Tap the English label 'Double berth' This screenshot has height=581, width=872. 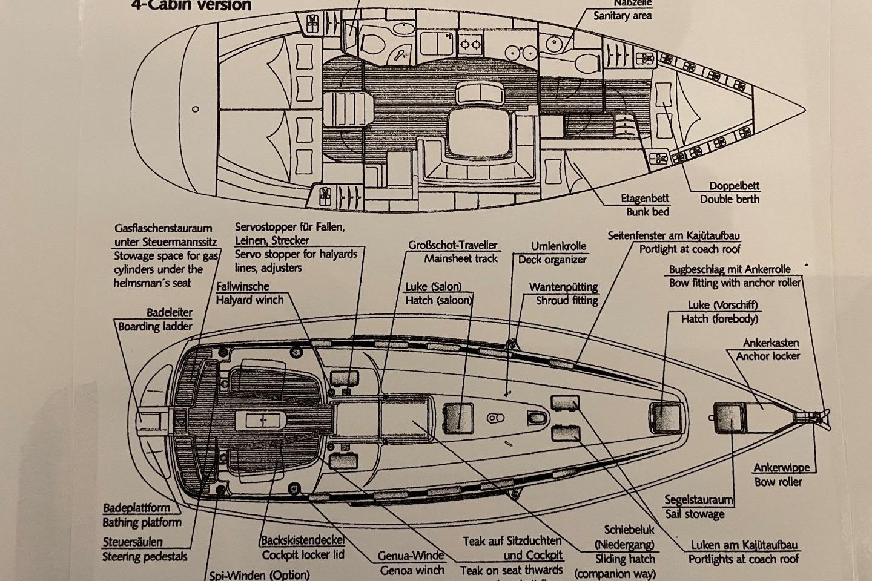tap(730, 199)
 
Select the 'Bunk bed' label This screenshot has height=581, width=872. tap(647, 211)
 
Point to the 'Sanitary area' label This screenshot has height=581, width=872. tap(623, 16)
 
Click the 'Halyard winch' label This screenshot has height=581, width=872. tap(249, 300)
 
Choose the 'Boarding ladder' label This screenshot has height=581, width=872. tap(155, 326)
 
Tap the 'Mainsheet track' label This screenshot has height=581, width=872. tap(461, 258)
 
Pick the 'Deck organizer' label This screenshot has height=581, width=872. tap(552, 260)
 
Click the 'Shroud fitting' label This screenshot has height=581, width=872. tap(567, 300)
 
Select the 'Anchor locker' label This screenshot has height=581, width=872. tap(768, 356)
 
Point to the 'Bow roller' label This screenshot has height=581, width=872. tap(778, 482)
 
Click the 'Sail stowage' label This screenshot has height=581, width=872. tap(695, 514)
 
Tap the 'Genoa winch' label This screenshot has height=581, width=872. tap(412, 570)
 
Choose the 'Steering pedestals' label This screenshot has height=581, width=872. tap(145, 557)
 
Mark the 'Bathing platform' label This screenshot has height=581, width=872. tap(142, 522)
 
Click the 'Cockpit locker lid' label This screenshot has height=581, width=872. tap(303, 554)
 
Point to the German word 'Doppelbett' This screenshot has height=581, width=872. tap(735, 186)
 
